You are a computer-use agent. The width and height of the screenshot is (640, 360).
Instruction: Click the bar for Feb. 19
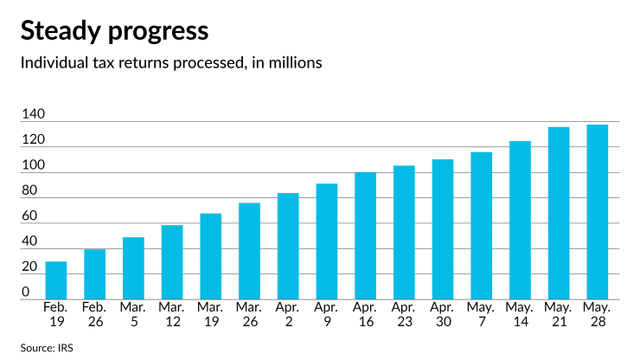pyautogui.click(x=56, y=280)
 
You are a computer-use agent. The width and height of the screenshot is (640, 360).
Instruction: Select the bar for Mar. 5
pyautogui.click(x=133, y=268)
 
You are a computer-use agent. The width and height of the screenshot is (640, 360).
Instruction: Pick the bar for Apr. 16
pyautogui.click(x=365, y=236)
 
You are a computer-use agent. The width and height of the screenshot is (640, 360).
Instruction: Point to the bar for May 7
pyautogui.click(x=482, y=226)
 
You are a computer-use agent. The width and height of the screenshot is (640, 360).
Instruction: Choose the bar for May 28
pyautogui.click(x=597, y=212)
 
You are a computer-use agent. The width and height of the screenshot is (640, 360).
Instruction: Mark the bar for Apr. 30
pyautogui.click(x=443, y=229)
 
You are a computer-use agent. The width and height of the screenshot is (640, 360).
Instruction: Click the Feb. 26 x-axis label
pyautogui.click(x=95, y=312)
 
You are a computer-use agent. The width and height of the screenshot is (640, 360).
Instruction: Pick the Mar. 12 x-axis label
pyautogui.click(x=172, y=312)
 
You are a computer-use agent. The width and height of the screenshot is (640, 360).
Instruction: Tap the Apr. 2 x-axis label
pyautogui.click(x=288, y=312)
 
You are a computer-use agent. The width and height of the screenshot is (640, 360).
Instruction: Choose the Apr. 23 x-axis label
pyautogui.click(x=404, y=312)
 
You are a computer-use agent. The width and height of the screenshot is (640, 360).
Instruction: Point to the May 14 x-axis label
pyautogui.click(x=520, y=312)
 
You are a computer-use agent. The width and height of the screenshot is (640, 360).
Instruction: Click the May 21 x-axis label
pyautogui.click(x=559, y=312)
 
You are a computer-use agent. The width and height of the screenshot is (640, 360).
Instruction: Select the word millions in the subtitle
pyautogui.click(x=293, y=63)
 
